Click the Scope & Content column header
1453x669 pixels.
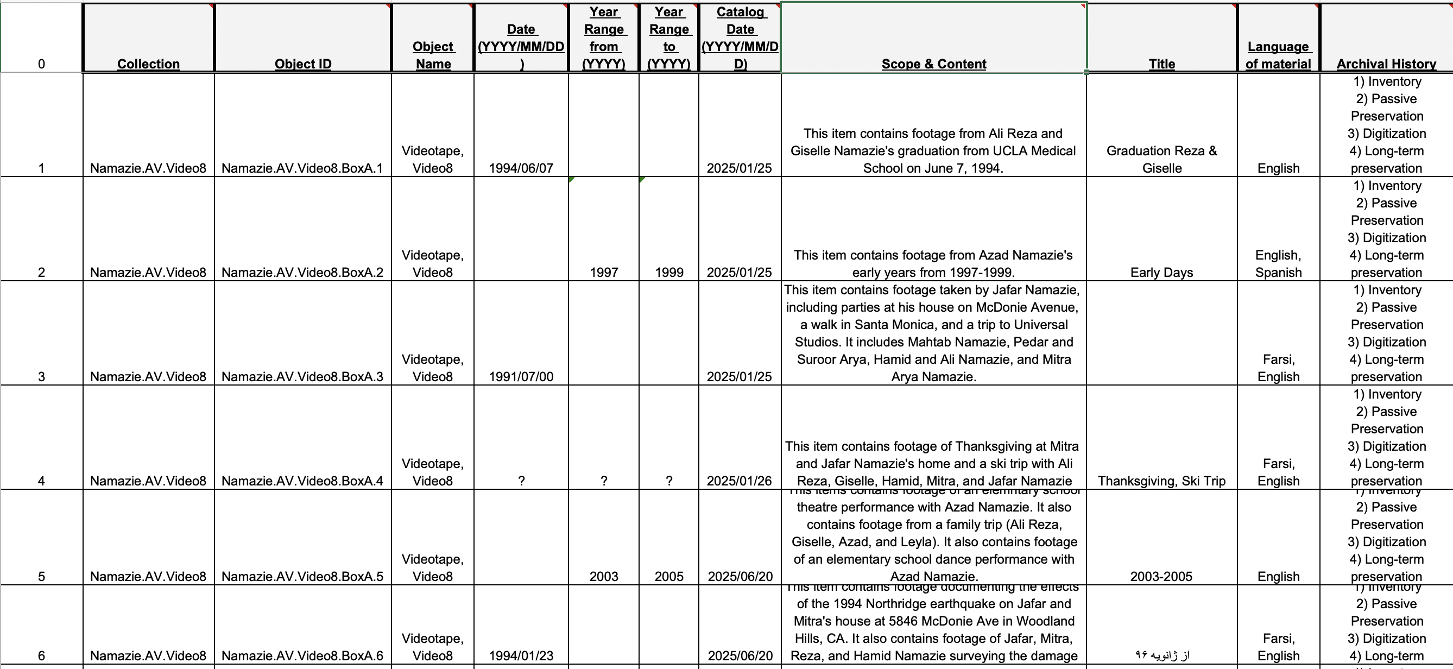(x=933, y=64)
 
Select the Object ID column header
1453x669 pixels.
(x=303, y=64)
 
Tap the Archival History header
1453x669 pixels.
(x=1386, y=64)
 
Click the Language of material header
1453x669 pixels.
(x=1278, y=55)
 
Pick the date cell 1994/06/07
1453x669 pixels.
(x=521, y=168)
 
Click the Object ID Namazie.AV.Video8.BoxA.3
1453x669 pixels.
(x=302, y=376)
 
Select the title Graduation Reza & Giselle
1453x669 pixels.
(x=1161, y=159)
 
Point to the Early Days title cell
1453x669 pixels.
(x=1161, y=273)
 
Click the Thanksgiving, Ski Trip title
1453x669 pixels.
(x=1161, y=481)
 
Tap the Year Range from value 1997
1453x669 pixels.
(x=604, y=273)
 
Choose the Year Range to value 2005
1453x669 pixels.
(x=669, y=577)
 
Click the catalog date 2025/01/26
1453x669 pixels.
(x=740, y=481)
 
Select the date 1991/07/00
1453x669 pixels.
(x=521, y=376)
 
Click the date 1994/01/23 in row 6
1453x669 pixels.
(x=521, y=655)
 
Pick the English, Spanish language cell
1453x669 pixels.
(x=1278, y=264)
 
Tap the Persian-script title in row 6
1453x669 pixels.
(x=1161, y=655)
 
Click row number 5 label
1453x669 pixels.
(x=41, y=577)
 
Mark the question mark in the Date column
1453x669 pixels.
(x=521, y=481)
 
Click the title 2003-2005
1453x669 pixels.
(x=1161, y=577)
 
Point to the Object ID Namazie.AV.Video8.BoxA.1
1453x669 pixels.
(x=302, y=168)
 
